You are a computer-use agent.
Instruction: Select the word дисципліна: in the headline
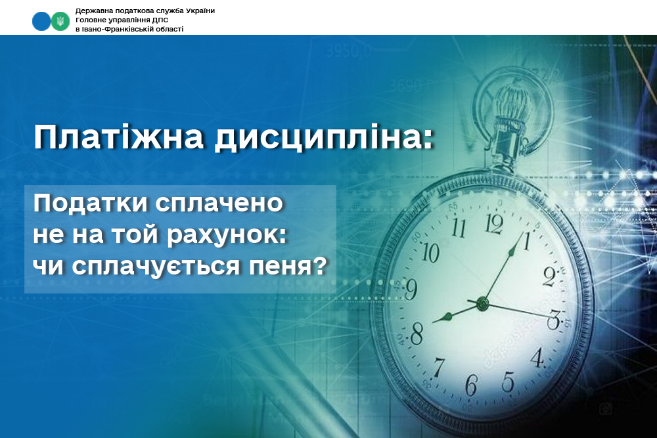(x=323, y=138)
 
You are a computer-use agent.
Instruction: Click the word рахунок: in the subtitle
(x=227, y=235)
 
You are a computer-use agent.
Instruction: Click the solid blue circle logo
(x=41, y=21)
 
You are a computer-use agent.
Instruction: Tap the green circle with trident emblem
(x=60, y=21)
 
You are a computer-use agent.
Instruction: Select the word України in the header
(x=200, y=11)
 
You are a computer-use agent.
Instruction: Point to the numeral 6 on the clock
(x=471, y=385)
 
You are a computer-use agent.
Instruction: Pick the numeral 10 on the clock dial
(x=430, y=253)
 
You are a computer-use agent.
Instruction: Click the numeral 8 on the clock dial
(x=417, y=334)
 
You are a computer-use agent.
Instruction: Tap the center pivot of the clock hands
(x=483, y=302)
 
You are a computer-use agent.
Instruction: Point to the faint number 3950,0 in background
(x=349, y=51)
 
